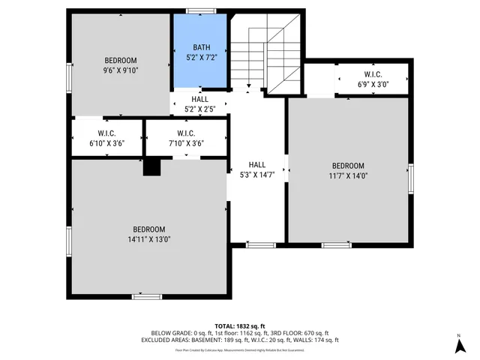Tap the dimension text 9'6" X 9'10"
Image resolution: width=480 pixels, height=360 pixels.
point(121,70)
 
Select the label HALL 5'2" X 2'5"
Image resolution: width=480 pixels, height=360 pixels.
point(199,104)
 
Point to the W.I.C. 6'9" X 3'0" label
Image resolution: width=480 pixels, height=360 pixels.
point(373,79)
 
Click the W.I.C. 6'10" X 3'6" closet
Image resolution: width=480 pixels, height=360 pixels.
point(106,138)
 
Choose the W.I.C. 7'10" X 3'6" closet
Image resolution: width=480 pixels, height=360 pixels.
point(186,138)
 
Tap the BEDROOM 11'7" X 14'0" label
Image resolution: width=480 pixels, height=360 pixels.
point(348,170)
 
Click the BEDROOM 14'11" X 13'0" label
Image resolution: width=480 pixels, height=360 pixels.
point(149,234)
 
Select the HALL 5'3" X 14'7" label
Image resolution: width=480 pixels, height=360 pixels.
point(257,169)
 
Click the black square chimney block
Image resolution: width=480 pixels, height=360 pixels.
point(152,167)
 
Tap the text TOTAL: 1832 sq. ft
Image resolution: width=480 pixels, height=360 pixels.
point(240,326)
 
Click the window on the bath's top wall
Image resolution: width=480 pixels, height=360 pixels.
point(200,10)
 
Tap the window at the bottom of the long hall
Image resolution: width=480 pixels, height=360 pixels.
point(259,244)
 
